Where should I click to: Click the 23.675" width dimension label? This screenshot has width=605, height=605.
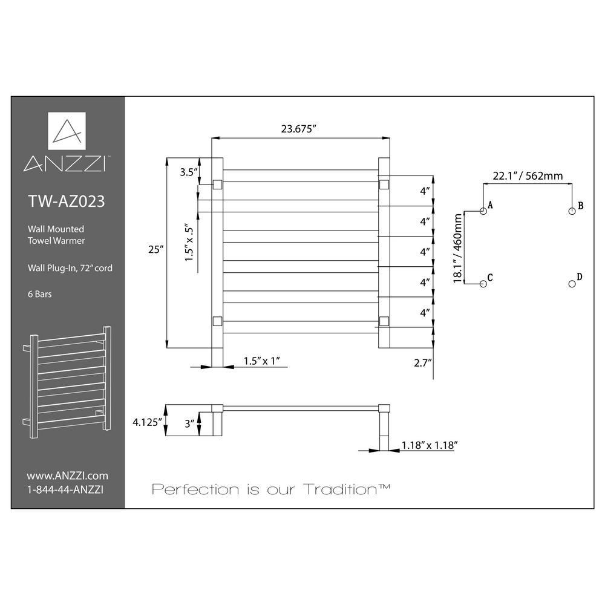pyautogui.click(x=299, y=129)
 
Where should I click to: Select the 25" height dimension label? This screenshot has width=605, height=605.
pyautogui.click(x=156, y=250)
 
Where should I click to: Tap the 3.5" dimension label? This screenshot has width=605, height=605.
pyautogui.click(x=189, y=172)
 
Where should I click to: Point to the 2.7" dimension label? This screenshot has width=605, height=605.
pyautogui.click(x=422, y=362)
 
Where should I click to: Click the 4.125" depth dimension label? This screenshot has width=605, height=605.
pyautogui.click(x=147, y=422)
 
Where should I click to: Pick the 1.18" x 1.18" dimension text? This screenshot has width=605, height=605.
pyautogui.click(x=430, y=445)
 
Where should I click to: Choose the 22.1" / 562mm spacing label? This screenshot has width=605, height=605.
pyautogui.click(x=528, y=176)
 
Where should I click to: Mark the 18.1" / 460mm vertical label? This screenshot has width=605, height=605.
pyautogui.click(x=457, y=248)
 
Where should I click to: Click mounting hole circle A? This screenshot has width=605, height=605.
pyautogui.click(x=483, y=211)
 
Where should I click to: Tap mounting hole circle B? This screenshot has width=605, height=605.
pyautogui.click(x=572, y=211)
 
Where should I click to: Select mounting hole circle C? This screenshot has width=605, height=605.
pyautogui.click(x=483, y=284)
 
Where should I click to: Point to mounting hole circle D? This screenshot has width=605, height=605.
pyautogui.click(x=572, y=284)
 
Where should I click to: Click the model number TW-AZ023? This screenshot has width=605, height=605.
pyautogui.click(x=67, y=201)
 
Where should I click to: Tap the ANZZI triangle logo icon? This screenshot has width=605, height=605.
pyautogui.click(x=67, y=131)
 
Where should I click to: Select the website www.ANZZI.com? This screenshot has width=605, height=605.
pyautogui.click(x=68, y=476)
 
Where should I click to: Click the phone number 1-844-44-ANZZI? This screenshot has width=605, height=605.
pyautogui.click(x=65, y=489)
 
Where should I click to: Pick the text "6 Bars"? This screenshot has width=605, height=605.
pyautogui.click(x=40, y=294)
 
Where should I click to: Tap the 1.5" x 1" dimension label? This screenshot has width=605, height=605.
pyautogui.click(x=261, y=361)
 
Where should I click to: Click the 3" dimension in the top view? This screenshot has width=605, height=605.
pyautogui.click(x=189, y=423)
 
